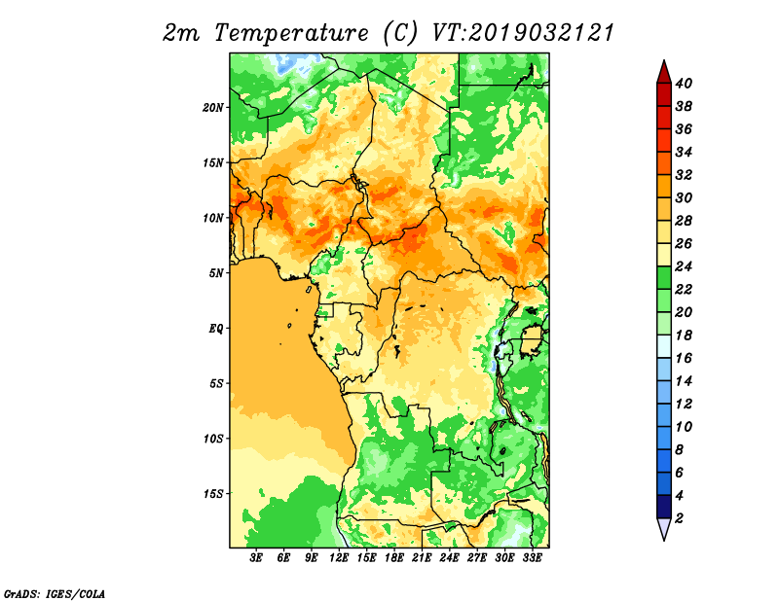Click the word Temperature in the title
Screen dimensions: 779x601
pyautogui.click(x=291, y=34)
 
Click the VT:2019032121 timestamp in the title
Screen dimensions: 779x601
pyautogui.click(x=523, y=33)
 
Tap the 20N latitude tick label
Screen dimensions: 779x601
pyautogui.click(x=213, y=108)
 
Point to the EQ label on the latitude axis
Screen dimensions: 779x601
pyautogui.click(x=216, y=329)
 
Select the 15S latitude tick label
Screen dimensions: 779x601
pyautogui.click(x=213, y=494)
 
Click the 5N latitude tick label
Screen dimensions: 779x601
pyautogui.click(x=216, y=273)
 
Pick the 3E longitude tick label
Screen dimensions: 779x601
pyautogui.click(x=256, y=558)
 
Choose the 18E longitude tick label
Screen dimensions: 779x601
pyautogui.click(x=394, y=558)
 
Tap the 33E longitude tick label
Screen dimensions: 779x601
pyautogui.click(x=532, y=558)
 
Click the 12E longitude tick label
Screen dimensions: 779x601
pyautogui.click(x=339, y=558)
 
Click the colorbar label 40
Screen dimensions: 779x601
pyautogui.click(x=684, y=84)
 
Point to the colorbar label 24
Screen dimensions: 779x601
pyautogui.click(x=684, y=266)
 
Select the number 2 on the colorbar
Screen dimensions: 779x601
pyautogui.click(x=679, y=518)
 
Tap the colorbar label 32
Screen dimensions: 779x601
pyautogui.click(x=684, y=175)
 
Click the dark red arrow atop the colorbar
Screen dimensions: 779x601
pyautogui.click(x=664, y=72)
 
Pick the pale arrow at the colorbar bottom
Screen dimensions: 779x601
pyautogui.click(x=664, y=529)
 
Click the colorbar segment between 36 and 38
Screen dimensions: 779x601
pyautogui.click(x=664, y=118)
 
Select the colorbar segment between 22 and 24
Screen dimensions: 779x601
pyautogui.click(x=664, y=278)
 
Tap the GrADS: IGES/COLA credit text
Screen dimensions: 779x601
pyautogui.click(x=55, y=594)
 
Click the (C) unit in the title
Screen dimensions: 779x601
pyautogui.click(x=400, y=34)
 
